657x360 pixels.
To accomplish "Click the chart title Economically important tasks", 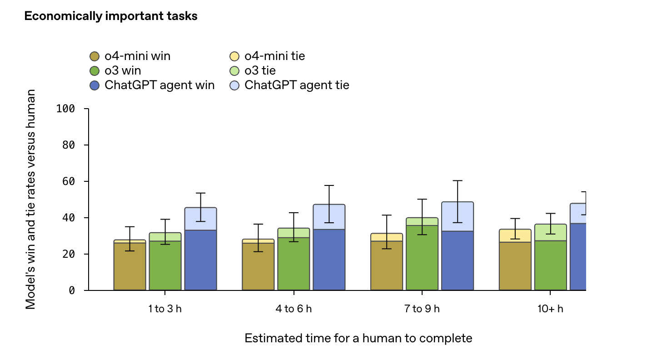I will (x=110, y=16).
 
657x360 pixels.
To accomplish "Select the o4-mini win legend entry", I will (x=131, y=56).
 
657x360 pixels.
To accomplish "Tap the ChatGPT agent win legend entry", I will (x=152, y=85).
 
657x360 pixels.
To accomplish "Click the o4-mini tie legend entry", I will (x=268, y=56).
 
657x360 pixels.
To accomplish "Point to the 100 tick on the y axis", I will (x=66, y=109).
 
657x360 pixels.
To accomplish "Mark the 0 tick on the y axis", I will (x=72, y=290).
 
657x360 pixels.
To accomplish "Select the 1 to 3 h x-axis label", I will (x=165, y=309).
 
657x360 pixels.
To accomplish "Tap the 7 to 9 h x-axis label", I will (x=422, y=309).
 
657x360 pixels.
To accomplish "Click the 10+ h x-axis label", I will (x=550, y=309).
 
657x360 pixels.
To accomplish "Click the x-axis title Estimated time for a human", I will (x=358, y=338).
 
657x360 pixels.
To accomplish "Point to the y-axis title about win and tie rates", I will (x=30, y=200).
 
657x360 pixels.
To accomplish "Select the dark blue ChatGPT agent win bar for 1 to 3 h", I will (x=200, y=260).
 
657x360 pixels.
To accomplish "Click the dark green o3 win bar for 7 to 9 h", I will (x=422, y=258).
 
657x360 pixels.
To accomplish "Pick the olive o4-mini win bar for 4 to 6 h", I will (x=258, y=266).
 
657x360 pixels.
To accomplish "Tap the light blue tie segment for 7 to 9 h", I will (x=458, y=216).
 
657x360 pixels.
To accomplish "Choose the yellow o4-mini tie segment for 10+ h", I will (x=515, y=235).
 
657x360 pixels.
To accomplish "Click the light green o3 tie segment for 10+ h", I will (x=550, y=232).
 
